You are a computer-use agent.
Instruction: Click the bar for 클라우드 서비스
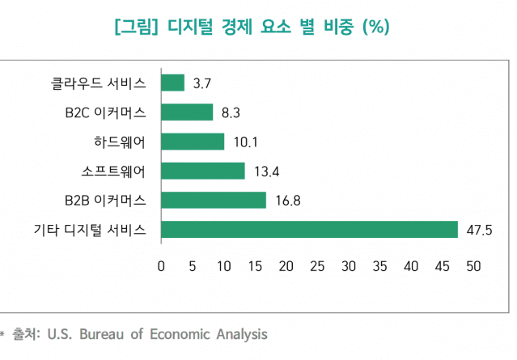[x=173, y=83]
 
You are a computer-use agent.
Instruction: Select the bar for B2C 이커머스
[x=187, y=112]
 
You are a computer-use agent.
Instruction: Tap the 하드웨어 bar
[x=193, y=142]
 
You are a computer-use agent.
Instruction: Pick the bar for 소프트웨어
[x=203, y=171]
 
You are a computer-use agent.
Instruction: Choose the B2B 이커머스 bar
[x=214, y=200]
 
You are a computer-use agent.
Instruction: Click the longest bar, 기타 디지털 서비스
[x=310, y=229]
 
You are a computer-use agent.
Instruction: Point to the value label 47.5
[x=481, y=230]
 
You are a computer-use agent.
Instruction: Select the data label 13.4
[x=266, y=172]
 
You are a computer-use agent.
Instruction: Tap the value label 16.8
[x=287, y=201]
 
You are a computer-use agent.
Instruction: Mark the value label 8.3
[x=231, y=112]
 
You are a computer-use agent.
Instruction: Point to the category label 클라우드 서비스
[x=99, y=83]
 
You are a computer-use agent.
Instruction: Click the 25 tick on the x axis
[x=317, y=266]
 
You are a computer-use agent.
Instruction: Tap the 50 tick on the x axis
[x=473, y=266]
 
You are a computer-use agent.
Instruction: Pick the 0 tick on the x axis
[x=161, y=266]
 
